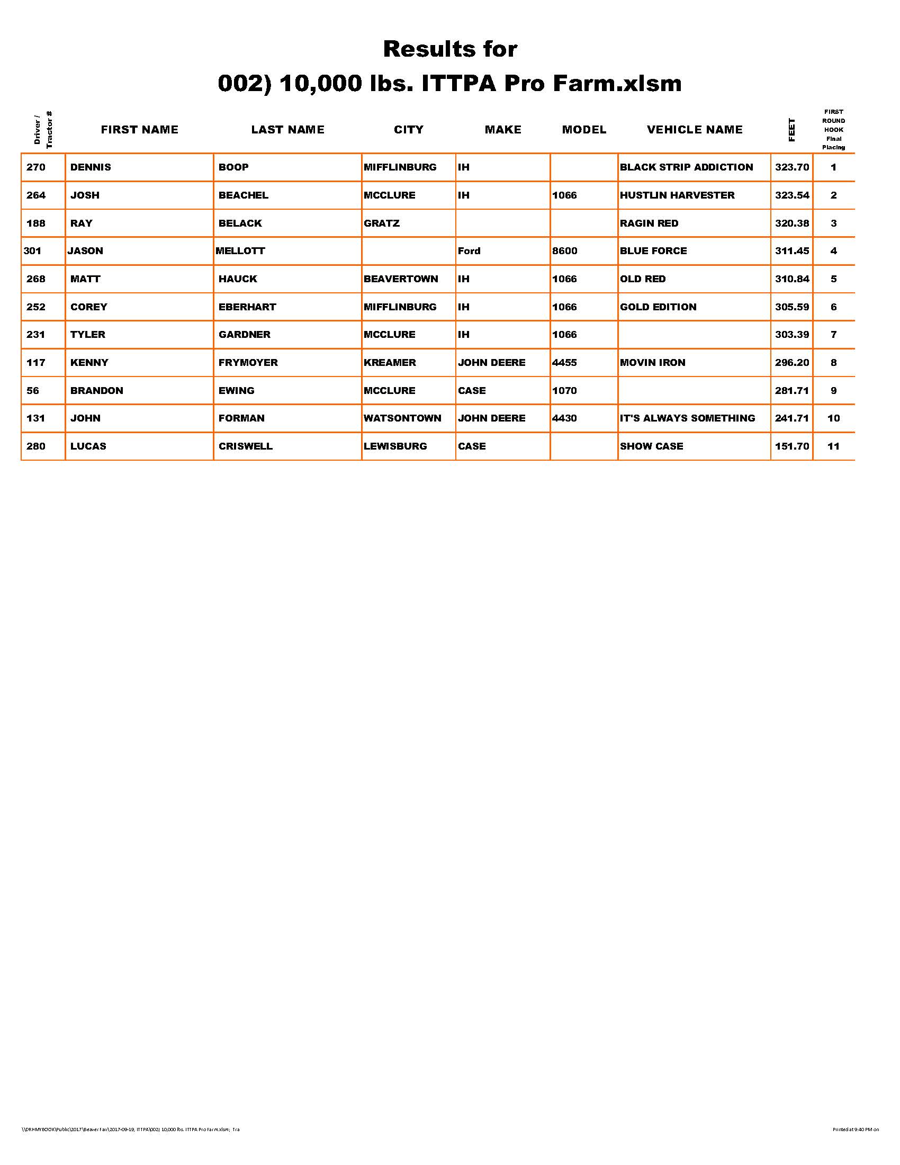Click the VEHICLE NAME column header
[694, 130]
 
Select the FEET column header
[791, 130]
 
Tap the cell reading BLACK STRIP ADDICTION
[686, 167]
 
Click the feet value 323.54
[792, 195]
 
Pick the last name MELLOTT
[240, 251]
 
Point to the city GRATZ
[381, 223]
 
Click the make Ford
[469, 251]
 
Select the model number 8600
[564, 251]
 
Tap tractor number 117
[35, 363]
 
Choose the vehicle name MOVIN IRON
[652, 363]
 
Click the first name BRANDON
[96, 391]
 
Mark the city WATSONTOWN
[402, 418]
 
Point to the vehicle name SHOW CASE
[651, 446]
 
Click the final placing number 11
[833, 446]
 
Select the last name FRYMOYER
[248, 363]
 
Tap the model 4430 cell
[564, 418]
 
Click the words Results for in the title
[450, 49]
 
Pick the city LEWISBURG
[395, 446]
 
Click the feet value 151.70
[792, 446]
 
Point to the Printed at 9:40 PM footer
[855, 1130]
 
